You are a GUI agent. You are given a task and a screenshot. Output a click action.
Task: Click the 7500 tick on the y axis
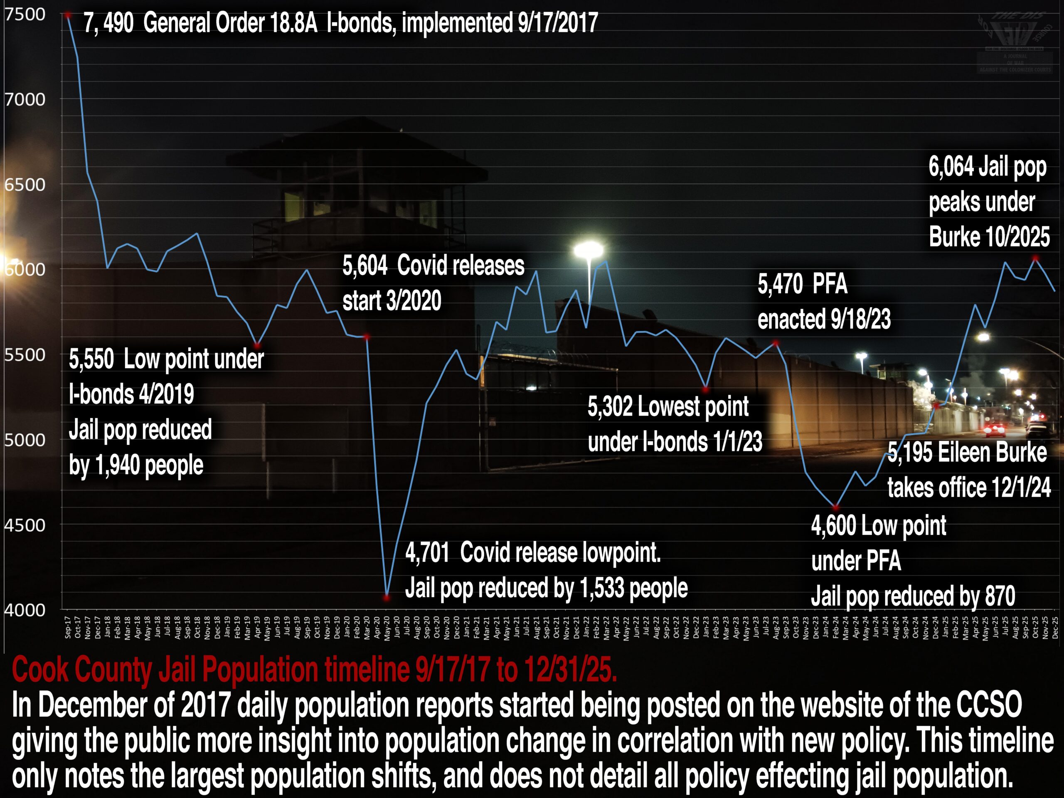25,15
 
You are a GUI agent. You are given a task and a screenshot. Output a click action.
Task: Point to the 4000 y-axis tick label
25,610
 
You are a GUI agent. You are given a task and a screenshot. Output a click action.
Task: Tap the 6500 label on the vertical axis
25,185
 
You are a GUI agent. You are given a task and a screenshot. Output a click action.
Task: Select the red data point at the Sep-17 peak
68,15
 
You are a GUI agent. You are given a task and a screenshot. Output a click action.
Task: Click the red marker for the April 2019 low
257,345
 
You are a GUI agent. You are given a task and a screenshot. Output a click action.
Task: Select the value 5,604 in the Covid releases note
365,266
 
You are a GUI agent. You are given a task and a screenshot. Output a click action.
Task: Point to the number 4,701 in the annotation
427,553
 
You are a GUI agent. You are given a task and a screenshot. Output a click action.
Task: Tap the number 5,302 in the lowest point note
609,406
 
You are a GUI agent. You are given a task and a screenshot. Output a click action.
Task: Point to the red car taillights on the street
994,429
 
